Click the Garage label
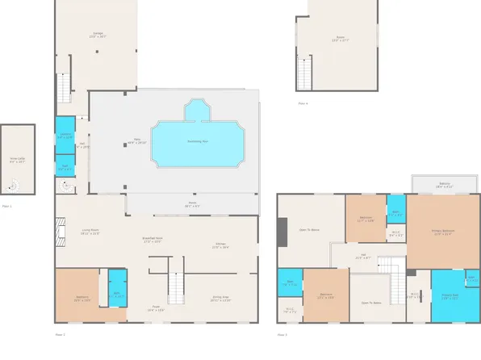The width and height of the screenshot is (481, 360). [x=97, y=35]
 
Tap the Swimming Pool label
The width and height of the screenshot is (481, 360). [x=198, y=141]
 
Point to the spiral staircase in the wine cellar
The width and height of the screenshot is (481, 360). [x=14, y=186]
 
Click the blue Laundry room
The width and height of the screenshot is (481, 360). [x=65, y=136]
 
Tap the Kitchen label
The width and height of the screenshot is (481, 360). [x=220, y=246]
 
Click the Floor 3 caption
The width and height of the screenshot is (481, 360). [x=282, y=334]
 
